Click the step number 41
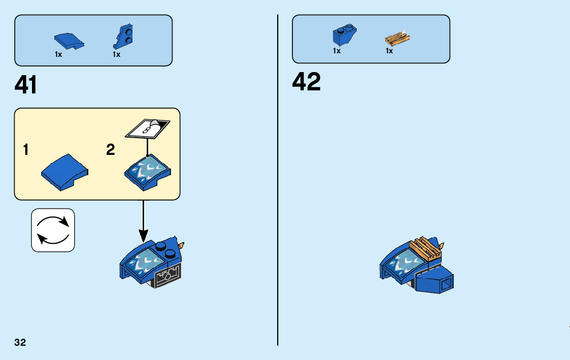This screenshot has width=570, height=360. tap(26, 84)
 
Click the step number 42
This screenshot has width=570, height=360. tap(306, 82)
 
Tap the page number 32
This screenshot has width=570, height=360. tap(20, 342)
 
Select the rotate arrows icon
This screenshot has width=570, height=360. tap(53, 230)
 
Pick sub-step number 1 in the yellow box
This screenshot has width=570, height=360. tap(25, 150)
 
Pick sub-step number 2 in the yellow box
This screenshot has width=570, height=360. tap(111, 150)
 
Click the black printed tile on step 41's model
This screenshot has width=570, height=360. tap(167, 277)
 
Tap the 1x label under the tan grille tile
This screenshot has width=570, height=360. tap(389, 51)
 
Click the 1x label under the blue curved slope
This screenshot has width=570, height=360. tap(58, 54)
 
